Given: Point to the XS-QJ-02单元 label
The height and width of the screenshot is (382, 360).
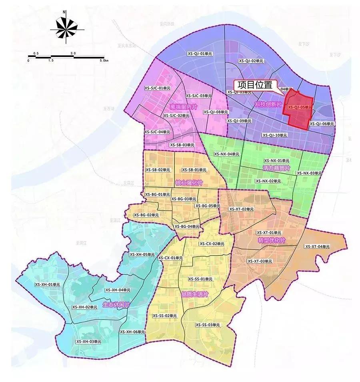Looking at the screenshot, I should coord(251,61).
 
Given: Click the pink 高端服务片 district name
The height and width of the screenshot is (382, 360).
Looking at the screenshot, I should coord(184,107).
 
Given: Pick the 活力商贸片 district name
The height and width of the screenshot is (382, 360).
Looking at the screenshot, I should coord(276,169).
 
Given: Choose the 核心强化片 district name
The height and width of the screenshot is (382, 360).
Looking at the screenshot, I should coord(189,183).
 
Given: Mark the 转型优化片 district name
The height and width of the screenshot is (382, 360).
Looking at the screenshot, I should coord(272,240).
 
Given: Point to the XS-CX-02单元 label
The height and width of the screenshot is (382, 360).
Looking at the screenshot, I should coord(212,244).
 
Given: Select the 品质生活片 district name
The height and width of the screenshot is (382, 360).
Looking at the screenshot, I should coord(195,294).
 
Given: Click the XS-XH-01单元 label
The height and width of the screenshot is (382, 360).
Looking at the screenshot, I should coord(47,284).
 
